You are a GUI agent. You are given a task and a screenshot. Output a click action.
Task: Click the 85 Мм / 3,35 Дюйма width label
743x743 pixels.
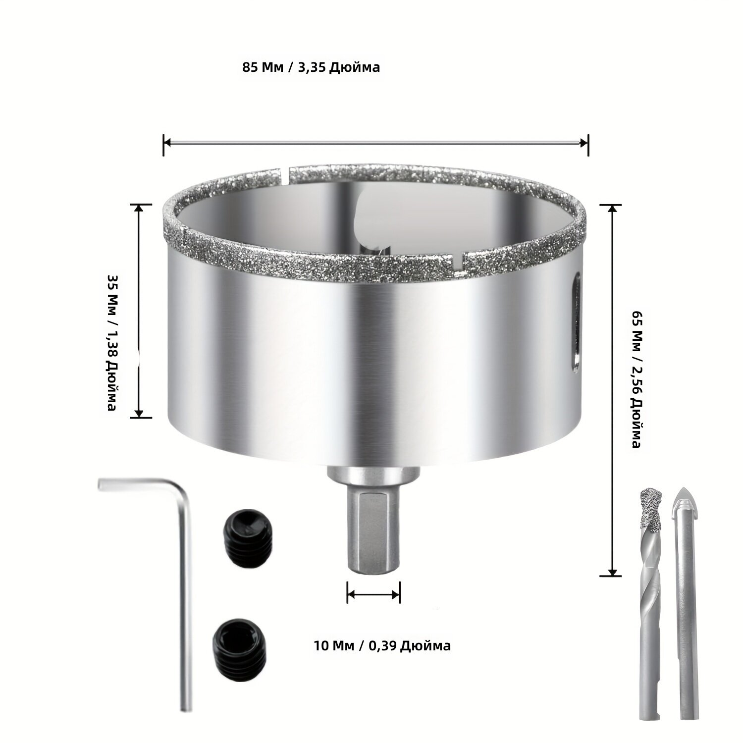tap(311, 67)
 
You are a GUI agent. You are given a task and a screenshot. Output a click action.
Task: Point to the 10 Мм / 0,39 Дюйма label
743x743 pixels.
tap(382, 645)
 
